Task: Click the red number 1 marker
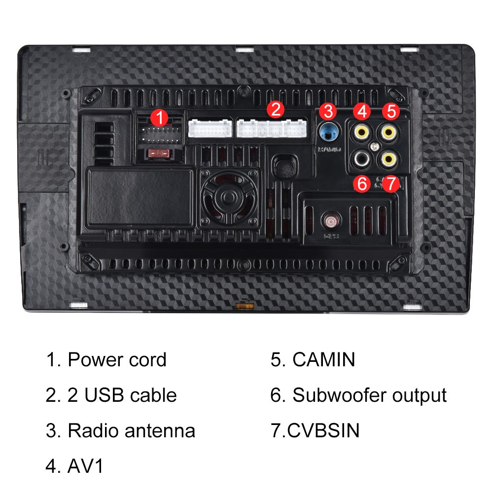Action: pyautogui.click(x=159, y=118)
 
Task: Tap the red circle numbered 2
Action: pyautogui.click(x=276, y=109)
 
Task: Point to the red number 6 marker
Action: pyautogui.click(x=362, y=184)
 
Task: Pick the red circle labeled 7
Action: pyautogui.click(x=390, y=184)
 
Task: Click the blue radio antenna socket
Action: pyautogui.click(x=329, y=132)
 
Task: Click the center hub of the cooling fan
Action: pyautogui.click(x=228, y=197)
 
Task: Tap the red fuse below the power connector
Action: pyautogui.click(x=159, y=154)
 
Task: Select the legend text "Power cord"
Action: pyautogui.click(x=117, y=359)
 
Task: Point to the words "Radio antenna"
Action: pyautogui.click(x=131, y=430)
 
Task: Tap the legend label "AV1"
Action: pyautogui.click(x=85, y=466)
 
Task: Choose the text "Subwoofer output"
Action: pyautogui.click(x=369, y=395)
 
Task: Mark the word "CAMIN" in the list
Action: pyautogui.click(x=323, y=359)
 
